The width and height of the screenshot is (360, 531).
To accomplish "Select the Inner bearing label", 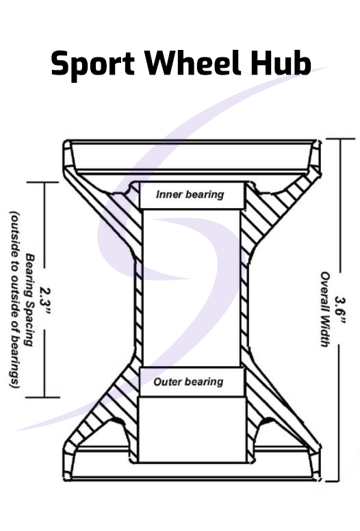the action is point(190,195).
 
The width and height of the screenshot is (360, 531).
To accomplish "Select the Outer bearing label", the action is point(189,382).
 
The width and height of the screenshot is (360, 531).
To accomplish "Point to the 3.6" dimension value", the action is point(340,311).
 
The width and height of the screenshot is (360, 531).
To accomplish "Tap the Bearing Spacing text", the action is point(29,300).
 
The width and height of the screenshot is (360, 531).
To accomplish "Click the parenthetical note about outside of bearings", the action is point(14,300).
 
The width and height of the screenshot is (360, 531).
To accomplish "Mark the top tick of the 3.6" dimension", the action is point(340,138).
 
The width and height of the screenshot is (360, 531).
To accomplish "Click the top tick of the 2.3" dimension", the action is point(42,182).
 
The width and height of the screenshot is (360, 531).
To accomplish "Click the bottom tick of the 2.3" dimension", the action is point(42,398).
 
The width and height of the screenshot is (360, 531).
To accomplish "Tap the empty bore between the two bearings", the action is point(192,288).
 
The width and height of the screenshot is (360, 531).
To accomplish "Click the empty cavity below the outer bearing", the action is point(192,430).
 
